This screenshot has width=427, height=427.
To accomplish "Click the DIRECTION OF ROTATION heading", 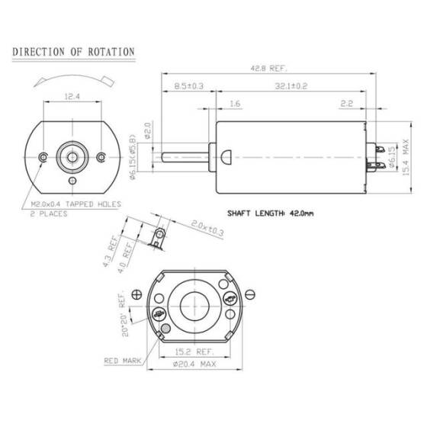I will pos(74,52).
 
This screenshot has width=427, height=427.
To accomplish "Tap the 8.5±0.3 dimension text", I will pos(188,86).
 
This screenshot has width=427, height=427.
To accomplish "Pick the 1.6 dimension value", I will pos(234,102).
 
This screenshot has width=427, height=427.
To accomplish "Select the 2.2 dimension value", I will pos(346,102).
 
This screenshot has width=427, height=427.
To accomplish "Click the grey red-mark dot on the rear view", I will pos(165,329).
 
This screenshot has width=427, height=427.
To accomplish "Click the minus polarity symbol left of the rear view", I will pos(136,294).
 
